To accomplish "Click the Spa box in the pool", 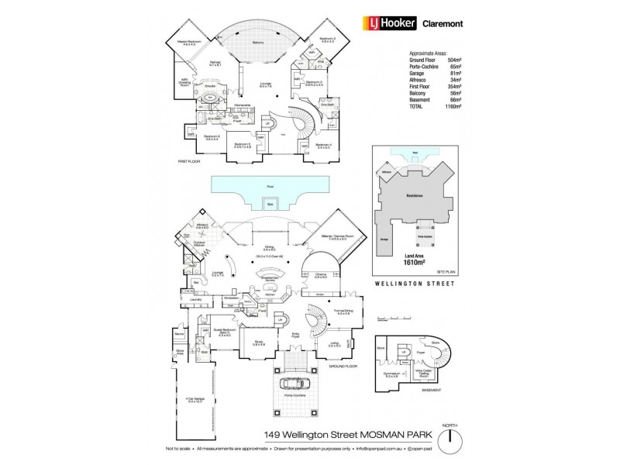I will click(x=270, y=205).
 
